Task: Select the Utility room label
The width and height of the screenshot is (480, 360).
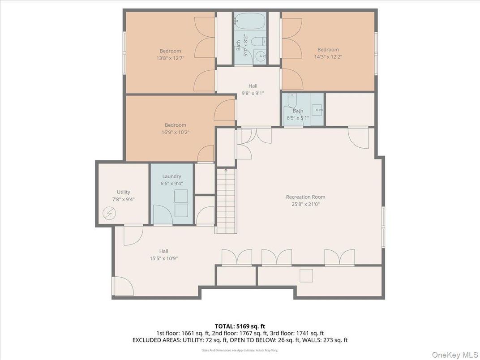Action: point(123,192)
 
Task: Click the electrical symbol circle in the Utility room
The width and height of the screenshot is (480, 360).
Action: point(109,214)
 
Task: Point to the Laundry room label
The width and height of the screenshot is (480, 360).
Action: point(171,176)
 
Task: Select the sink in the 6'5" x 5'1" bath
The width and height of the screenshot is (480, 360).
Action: point(317,110)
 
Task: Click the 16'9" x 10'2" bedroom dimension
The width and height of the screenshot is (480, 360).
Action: point(176,133)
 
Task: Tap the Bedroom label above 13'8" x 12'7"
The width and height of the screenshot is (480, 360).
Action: point(170,51)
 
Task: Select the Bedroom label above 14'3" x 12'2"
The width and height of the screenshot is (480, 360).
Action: point(328,50)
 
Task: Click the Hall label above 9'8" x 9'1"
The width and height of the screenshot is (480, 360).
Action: point(253,86)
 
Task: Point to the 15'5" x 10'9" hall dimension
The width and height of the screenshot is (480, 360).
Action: point(163,258)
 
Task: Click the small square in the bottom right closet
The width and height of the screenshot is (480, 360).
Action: point(306,276)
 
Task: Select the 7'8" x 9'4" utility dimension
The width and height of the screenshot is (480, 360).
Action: point(123,199)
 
